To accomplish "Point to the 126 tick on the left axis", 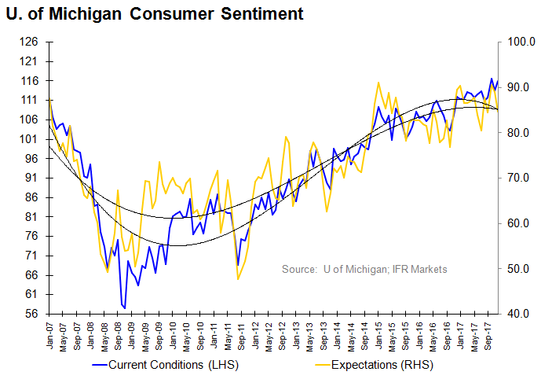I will point(31,42).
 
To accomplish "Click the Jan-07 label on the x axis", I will point(49,333).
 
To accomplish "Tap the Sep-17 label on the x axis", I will point(488,333).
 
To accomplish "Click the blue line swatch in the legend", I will point(99,365).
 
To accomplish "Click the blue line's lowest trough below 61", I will point(124,307).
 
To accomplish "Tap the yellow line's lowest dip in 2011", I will point(237,279).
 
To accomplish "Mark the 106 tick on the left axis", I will point(31,120).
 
